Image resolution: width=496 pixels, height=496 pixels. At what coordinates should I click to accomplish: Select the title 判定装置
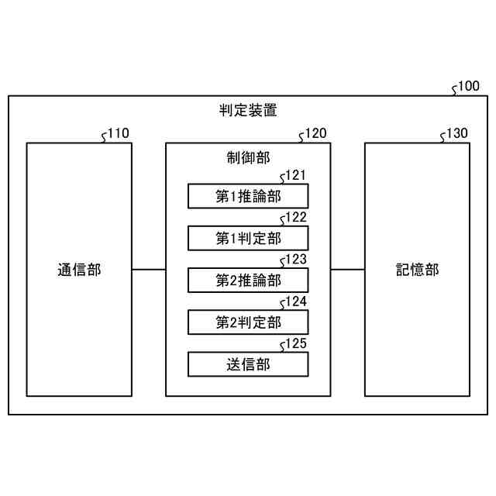coord(248,110)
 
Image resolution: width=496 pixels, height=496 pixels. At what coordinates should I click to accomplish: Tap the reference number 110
coord(118,133)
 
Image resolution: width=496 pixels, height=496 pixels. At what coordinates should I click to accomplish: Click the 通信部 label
coord(79,270)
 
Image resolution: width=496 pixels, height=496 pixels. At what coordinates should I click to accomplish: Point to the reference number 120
coord(315,133)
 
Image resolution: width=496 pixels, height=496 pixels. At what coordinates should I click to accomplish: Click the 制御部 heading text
coord(248,157)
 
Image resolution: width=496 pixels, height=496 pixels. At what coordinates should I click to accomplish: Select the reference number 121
coord(297,176)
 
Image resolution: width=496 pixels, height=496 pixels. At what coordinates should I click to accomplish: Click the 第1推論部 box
coord(248,196)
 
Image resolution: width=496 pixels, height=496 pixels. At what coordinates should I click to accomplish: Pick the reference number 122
coord(297,218)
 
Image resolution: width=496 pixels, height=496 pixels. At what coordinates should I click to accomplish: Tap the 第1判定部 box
coord(248,238)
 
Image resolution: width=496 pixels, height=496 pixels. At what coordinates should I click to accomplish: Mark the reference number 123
coord(297,260)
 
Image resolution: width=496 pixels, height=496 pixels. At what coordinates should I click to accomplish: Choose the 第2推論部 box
coord(248,280)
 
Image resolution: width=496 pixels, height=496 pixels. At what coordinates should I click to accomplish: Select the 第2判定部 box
coord(248,322)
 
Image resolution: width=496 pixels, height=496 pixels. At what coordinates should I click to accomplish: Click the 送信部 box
coord(248,363)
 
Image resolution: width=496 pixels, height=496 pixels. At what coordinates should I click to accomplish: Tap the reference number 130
coord(456,133)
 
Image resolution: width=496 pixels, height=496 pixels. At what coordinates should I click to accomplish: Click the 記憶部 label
coord(417,270)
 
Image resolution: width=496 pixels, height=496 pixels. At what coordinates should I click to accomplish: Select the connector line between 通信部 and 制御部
coord(149,270)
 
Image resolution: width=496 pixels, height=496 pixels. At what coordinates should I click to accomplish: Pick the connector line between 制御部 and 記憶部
coord(348,270)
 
